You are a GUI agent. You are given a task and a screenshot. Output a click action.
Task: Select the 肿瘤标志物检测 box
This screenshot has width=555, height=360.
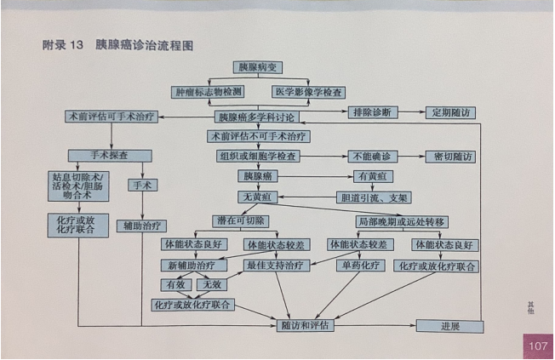(208, 91)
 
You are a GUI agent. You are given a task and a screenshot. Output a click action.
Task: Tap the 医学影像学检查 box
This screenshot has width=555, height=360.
(308, 91)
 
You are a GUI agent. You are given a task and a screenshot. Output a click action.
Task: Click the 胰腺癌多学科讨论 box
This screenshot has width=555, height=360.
(257, 116)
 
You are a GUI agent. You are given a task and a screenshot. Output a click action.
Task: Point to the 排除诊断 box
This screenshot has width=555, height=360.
(371, 112)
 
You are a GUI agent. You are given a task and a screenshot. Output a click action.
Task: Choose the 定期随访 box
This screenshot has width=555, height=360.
(450, 112)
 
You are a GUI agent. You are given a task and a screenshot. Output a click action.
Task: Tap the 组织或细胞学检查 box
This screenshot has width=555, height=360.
(257, 157)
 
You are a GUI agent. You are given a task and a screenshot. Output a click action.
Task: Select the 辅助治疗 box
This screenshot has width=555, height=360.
(141, 226)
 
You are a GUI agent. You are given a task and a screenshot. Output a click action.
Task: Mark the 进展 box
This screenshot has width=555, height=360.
(449, 326)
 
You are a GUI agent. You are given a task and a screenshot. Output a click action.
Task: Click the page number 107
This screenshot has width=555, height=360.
(537, 346)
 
